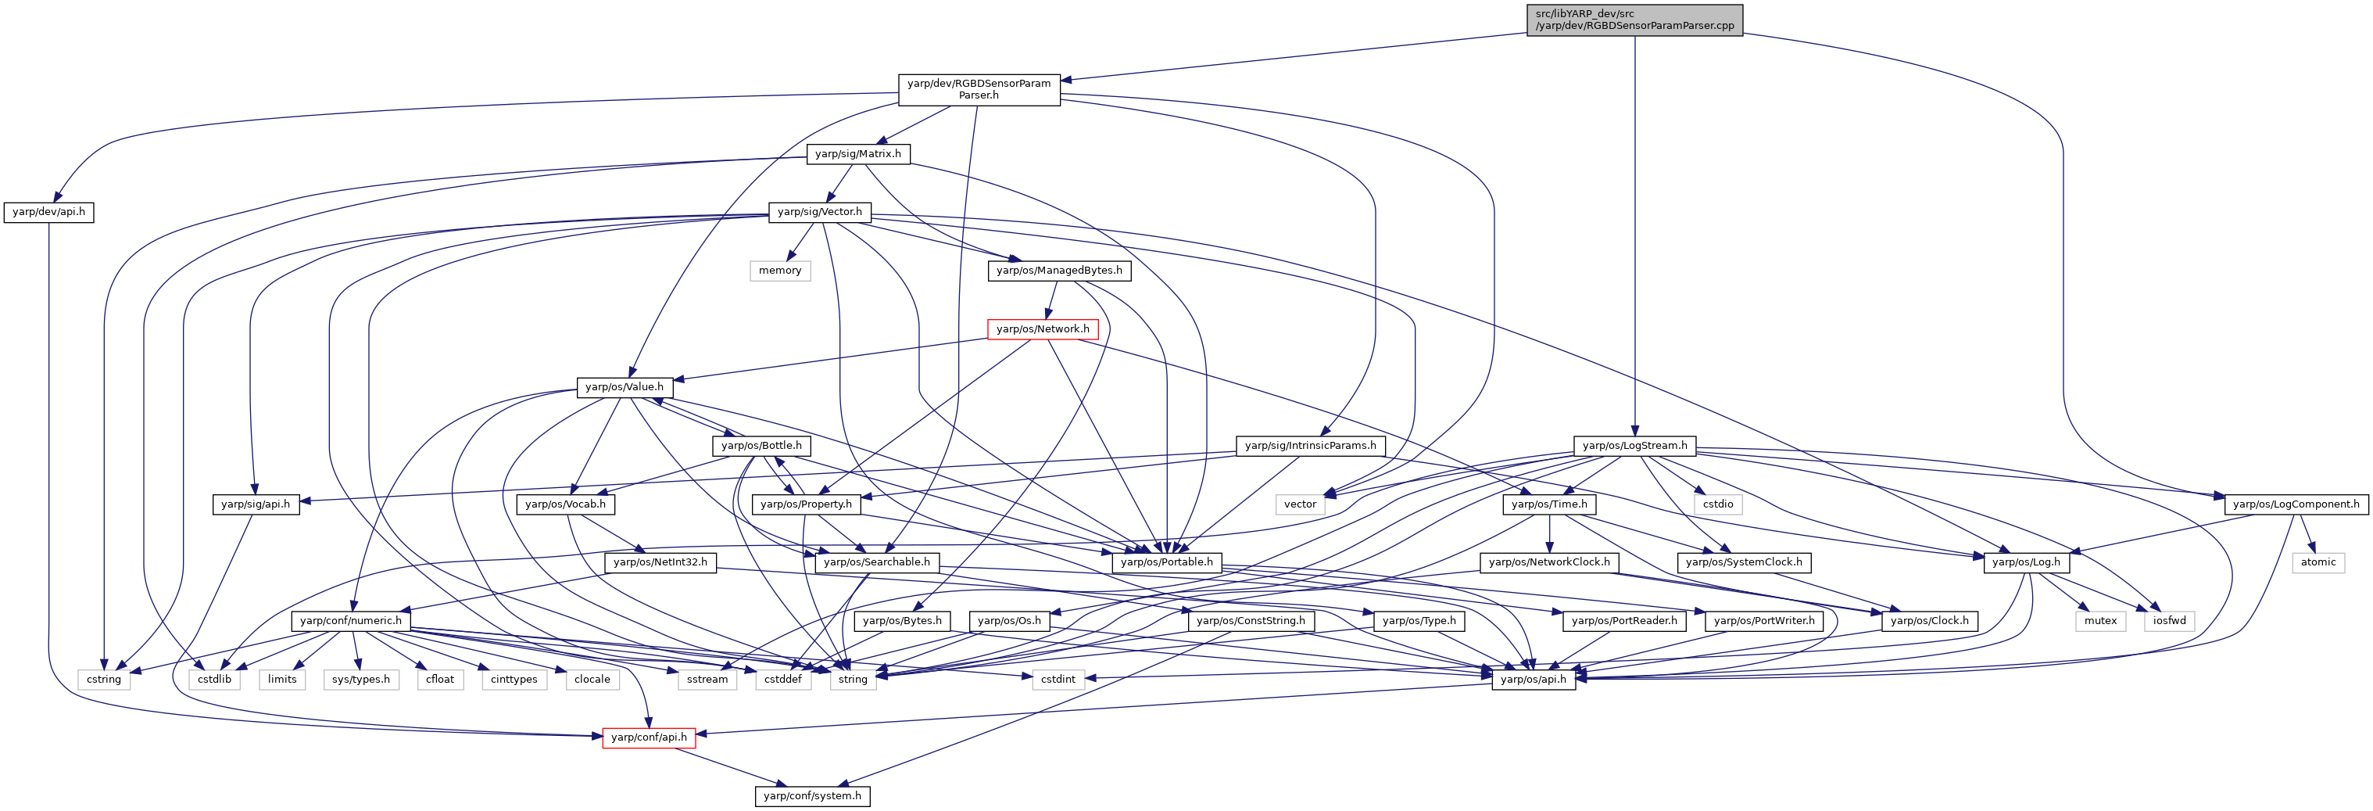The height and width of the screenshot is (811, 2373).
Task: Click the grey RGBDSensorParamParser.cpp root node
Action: (x=1634, y=20)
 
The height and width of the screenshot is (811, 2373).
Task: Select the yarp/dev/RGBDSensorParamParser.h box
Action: (x=979, y=89)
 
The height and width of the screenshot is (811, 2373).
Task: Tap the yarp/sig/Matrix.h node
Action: (x=857, y=154)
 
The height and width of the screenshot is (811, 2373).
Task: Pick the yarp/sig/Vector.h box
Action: (x=820, y=212)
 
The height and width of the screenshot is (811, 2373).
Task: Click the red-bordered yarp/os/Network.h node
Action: (x=1042, y=329)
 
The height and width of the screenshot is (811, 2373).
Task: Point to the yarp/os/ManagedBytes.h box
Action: (x=1059, y=271)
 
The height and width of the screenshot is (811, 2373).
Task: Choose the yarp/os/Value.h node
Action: (x=624, y=387)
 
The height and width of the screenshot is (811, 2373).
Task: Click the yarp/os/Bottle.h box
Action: (x=761, y=446)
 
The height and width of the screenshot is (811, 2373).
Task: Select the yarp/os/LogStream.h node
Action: (x=1634, y=446)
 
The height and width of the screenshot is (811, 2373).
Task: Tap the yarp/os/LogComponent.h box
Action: (x=2296, y=504)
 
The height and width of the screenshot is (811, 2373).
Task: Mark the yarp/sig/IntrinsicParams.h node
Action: (x=1310, y=446)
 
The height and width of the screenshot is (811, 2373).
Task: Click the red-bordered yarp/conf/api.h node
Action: (x=649, y=737)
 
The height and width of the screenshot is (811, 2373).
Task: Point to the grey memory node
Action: (x=779, y=271)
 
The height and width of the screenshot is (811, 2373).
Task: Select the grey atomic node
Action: (x=2318, y=562)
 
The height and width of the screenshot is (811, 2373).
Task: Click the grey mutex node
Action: (x=2100, y=621)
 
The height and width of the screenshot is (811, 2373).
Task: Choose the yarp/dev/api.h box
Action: (x=48, y=212)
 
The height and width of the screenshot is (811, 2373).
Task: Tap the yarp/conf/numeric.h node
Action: (x=351, y=621)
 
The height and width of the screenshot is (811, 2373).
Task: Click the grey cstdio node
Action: (x=1718, y=504)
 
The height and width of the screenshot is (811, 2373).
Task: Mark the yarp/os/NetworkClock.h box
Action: (x=1549, y=562)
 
